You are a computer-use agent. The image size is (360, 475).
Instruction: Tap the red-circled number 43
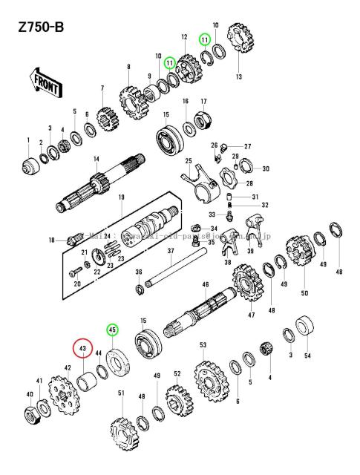83,348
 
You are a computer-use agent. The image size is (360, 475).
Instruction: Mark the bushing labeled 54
305,327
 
